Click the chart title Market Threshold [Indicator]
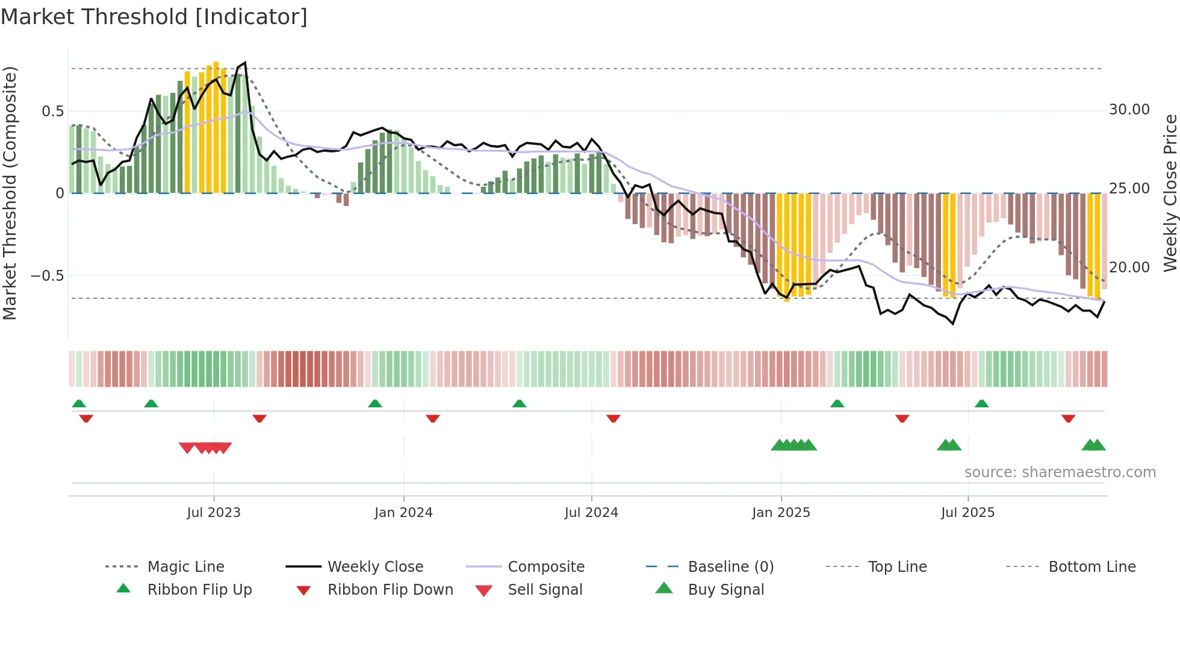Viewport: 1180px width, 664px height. [x=154, y=17]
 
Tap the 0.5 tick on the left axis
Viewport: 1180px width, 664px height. [x=52, y=111]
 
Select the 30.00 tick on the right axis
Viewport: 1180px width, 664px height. [x=1129, y=110]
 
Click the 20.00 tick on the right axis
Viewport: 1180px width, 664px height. [x=1129, y=268]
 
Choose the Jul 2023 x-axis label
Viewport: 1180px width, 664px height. [x=214, y=513]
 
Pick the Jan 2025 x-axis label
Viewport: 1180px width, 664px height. [x=781, y=513]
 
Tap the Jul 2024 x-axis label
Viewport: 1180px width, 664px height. [x=591, y=513]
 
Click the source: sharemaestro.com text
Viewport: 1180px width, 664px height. [x=1060, y=472]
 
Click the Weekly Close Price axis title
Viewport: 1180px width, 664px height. [x=1170, y=193]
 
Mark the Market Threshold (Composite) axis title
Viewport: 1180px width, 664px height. [x=10, y=193]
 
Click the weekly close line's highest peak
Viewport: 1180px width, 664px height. [x=244, y=63]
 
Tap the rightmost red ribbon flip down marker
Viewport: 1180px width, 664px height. [x=1068, y=418]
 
